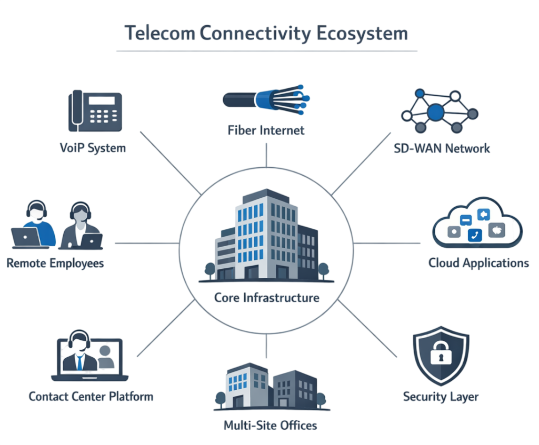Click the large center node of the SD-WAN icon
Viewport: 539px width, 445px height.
click(x=436, y=112)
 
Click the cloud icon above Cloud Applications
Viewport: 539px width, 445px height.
click(x=476, y=224)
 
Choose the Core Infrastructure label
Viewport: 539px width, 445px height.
click(x=267, y=298)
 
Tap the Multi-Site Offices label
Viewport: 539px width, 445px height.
click(x=270, y=424)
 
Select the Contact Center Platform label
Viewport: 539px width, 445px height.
click(x=91, y=396)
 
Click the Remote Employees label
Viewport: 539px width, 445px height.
click(x=55, y=263)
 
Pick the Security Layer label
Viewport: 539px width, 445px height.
click(x=441, y=396)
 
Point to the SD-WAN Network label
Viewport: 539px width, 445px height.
click(x=442, y=148)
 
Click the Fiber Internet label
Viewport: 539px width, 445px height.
click(x=266, y=130)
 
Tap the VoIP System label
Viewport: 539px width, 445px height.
click(x=93, y=148)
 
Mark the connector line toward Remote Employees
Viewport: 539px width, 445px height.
click(x=146, y=243)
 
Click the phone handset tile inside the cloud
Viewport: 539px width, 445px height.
click(x=475, y=235)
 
